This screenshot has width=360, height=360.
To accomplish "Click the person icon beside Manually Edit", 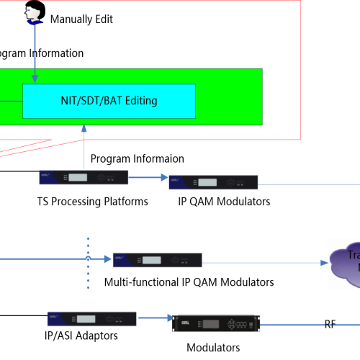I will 33,12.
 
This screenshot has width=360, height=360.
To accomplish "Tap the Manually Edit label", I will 81,19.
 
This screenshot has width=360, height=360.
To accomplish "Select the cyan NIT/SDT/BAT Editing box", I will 109,102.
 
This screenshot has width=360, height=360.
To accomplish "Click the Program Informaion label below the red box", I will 137,158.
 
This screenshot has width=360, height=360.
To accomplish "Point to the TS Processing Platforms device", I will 93,178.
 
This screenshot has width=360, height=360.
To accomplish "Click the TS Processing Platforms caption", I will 93,202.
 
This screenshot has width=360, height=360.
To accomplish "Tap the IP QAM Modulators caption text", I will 224,202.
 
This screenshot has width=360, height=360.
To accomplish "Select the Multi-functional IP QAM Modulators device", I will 157,261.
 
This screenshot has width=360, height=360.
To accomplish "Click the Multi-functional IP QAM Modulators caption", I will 189,282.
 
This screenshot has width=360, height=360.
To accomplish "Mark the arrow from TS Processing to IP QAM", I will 148,180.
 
